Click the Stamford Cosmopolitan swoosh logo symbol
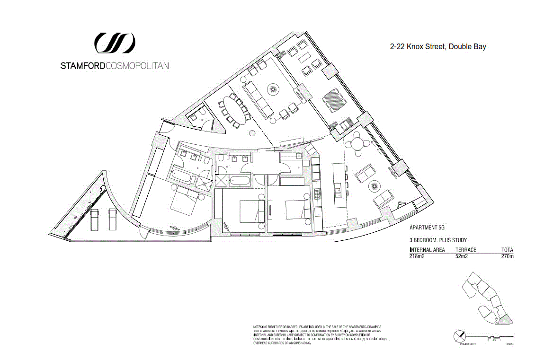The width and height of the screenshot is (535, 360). coord(115,43)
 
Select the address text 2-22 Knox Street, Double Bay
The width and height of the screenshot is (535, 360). coord(438,47)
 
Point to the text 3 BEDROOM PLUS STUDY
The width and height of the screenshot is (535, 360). coord(438,240)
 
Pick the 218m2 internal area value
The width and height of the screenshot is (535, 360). coord(418,256)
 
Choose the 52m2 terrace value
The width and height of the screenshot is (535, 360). coord(462,256)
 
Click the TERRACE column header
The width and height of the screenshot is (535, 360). coord(465,250)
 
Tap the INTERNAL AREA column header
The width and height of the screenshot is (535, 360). coord(427,250)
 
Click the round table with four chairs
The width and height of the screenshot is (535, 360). coord(358,142)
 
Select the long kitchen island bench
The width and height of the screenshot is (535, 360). coord(339,185)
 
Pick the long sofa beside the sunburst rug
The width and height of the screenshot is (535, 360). coord(258,99)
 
